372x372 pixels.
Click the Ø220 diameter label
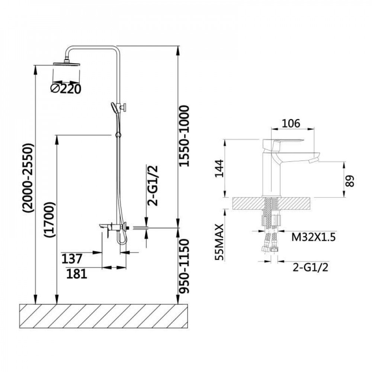pyautogui.click(x=65, y=89)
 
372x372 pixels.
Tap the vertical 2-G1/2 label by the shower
pyautogui.click(x=153, y=186)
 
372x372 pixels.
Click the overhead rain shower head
pyautogui.click(x=67, y=64)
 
